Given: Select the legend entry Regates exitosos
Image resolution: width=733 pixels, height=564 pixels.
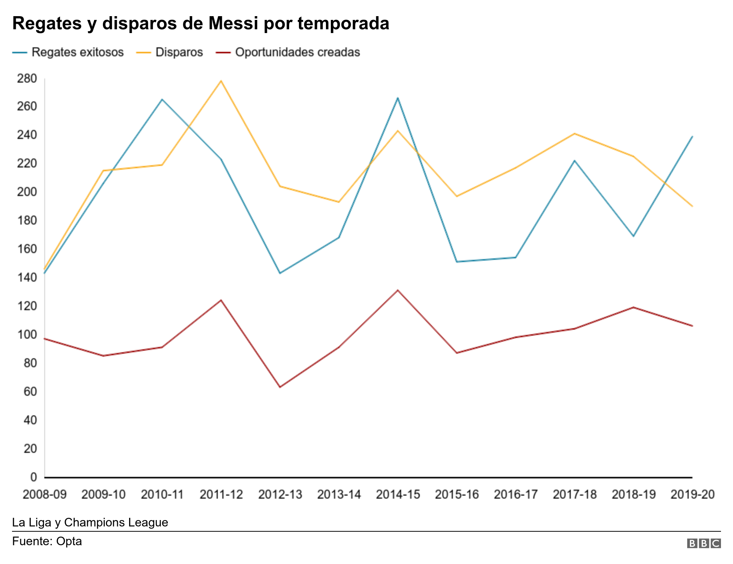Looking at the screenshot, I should (x=77, y=52).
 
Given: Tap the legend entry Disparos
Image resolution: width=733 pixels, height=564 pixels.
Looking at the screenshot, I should (x=179, y=52).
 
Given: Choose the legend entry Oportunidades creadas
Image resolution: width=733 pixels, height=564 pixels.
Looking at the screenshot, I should (x=297, y=52).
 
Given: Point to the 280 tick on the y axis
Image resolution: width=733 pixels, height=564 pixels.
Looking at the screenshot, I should (x=27, y=79).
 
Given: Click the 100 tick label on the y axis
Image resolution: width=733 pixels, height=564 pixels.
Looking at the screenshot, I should (x=27, y=335).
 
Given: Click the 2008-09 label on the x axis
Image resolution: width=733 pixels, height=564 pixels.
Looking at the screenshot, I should (x=44, y=495).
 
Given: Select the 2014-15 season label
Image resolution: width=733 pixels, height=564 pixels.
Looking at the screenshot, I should (x=398, y=495).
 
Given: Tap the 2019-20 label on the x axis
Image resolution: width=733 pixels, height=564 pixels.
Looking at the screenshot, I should (x=692, y=495).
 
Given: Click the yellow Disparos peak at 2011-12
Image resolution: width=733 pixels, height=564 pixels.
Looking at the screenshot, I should (x=221, y=81).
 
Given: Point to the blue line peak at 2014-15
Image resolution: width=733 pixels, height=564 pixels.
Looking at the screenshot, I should (x=398, y=98).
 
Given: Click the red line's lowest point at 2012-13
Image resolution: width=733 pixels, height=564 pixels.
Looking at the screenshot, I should (x=280, y=387).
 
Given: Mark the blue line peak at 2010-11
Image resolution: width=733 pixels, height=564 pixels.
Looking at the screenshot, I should (x=162, y=100).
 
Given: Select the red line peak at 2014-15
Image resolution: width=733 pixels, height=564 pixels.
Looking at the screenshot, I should (x=398, y=290).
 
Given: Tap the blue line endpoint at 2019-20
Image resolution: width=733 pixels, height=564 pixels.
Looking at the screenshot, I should (x=692, y=137).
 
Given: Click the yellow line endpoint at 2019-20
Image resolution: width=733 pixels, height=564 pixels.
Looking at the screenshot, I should (x=692, y=206).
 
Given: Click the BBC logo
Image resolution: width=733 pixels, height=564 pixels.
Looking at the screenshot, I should (x=704, y=543).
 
